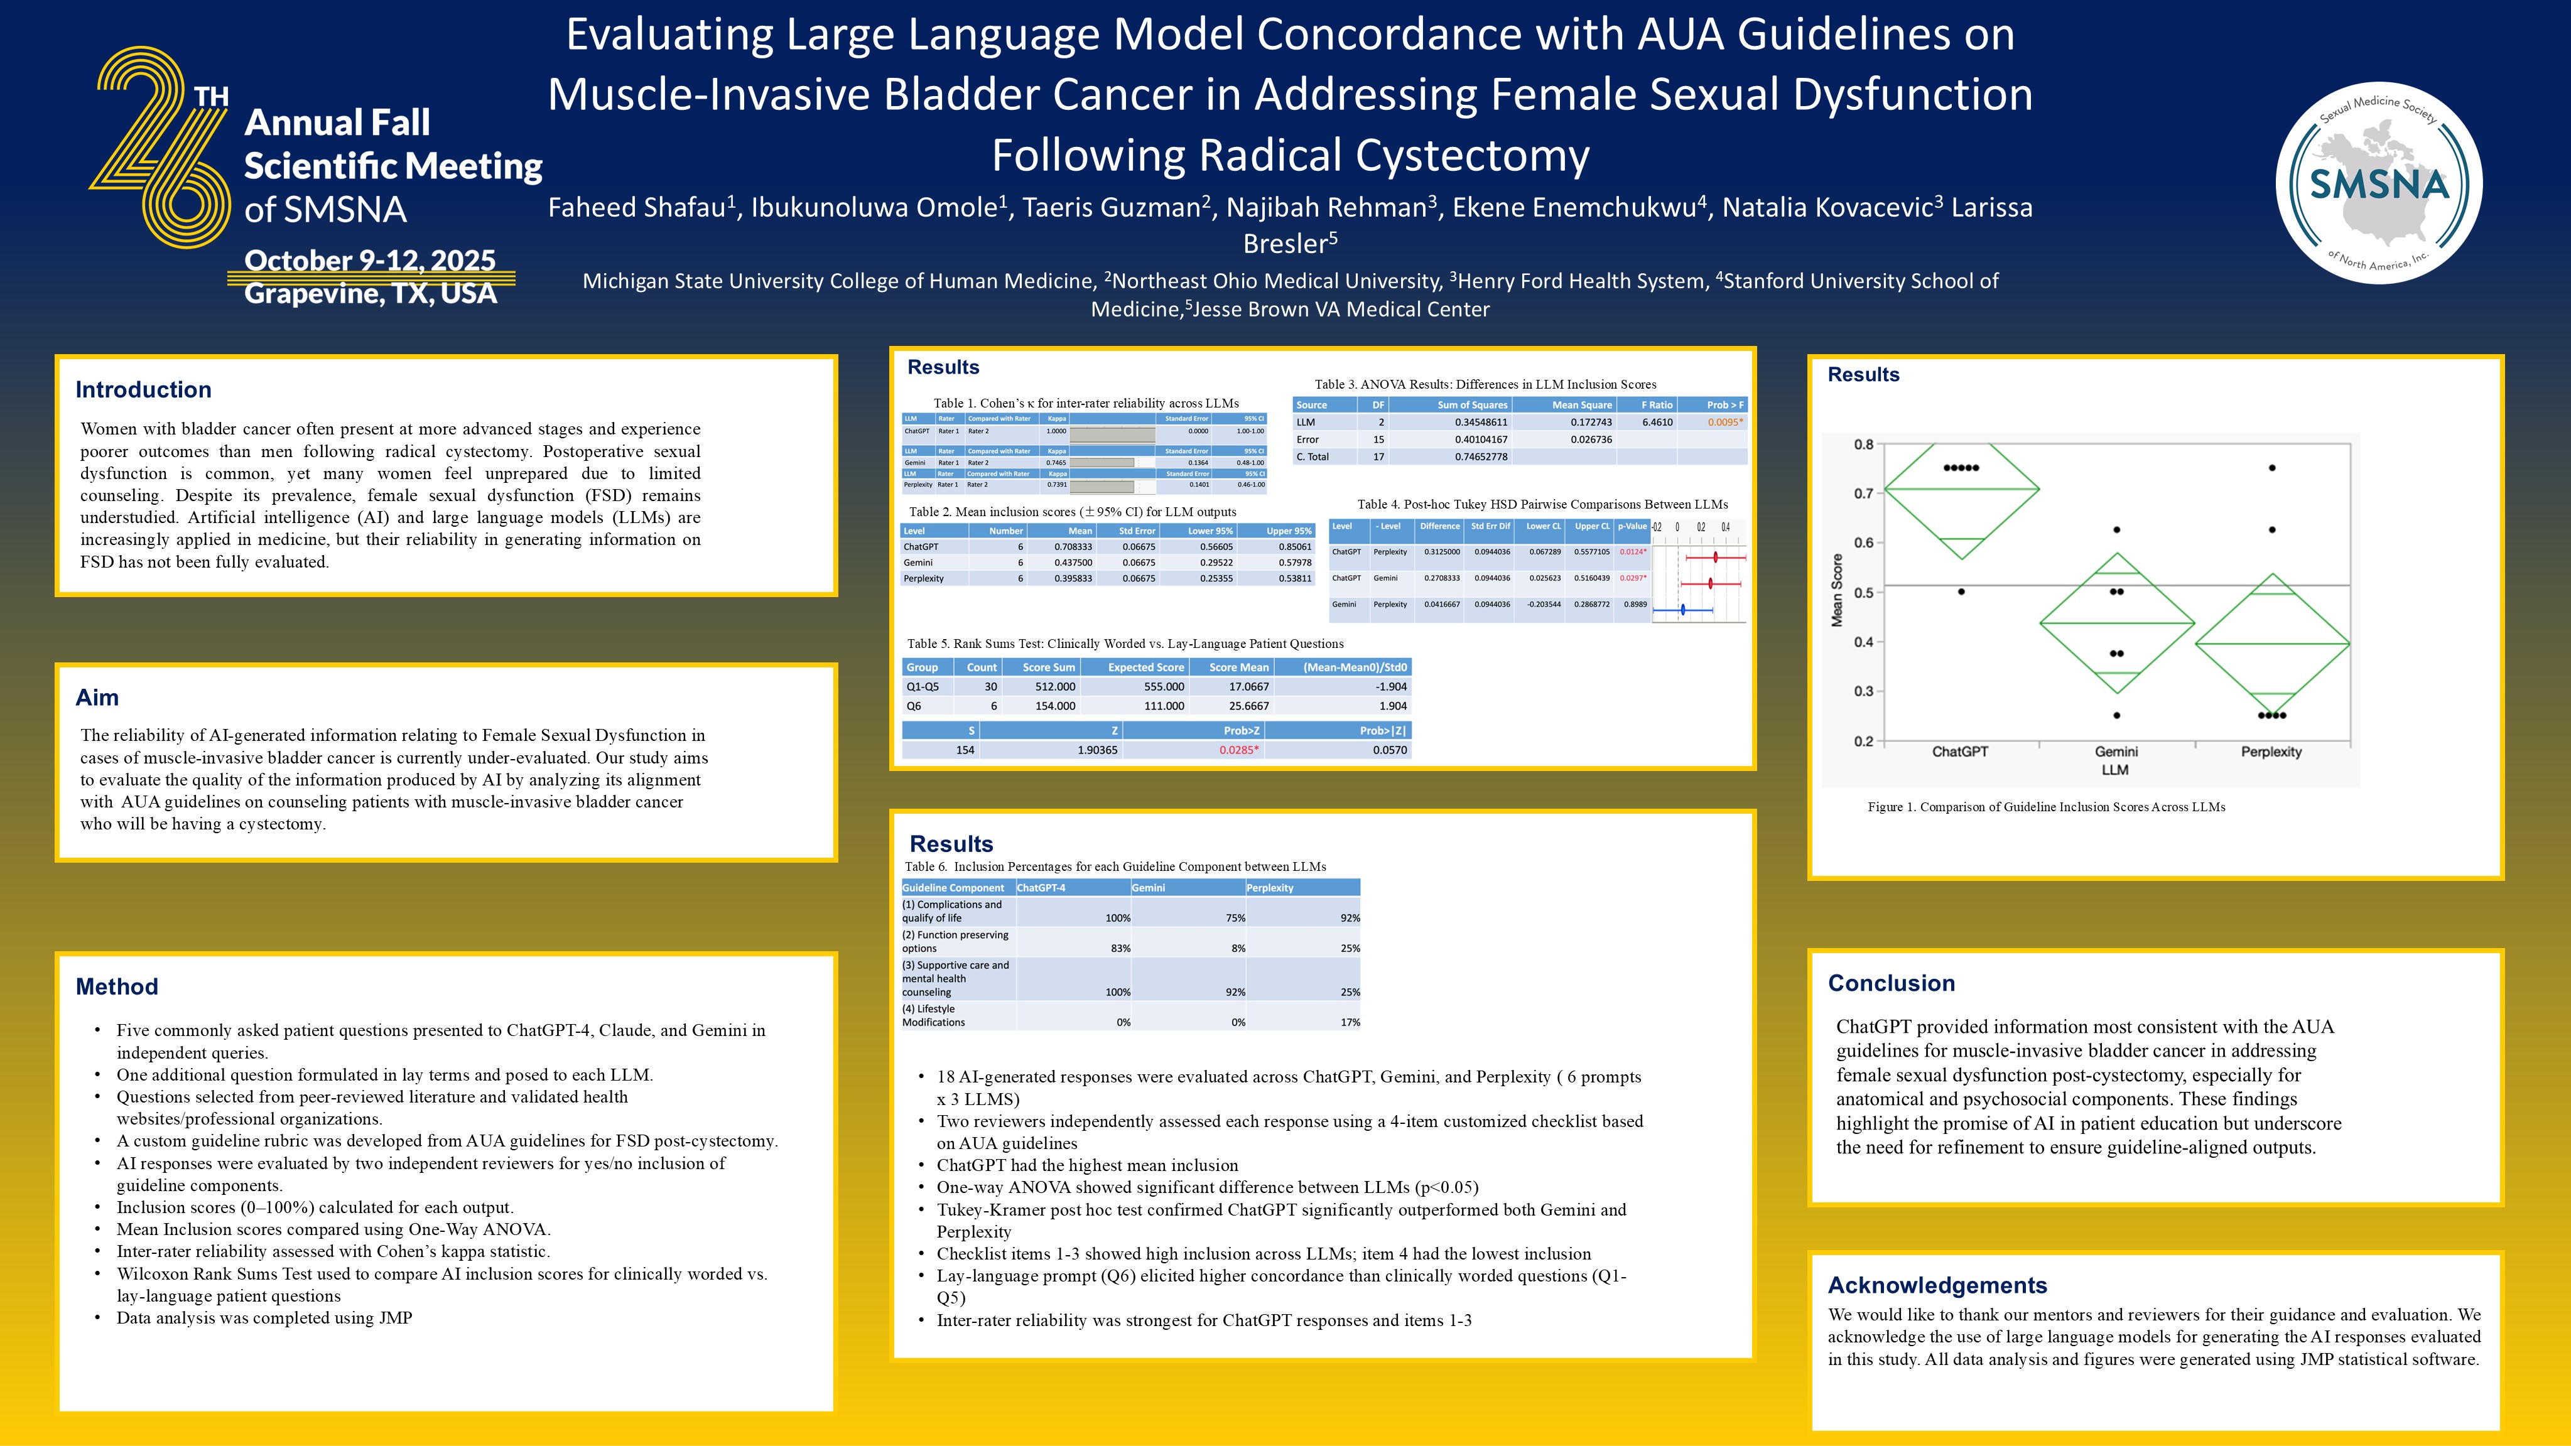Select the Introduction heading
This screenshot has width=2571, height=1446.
coord(144,390)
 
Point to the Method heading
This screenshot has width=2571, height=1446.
coord(117,987)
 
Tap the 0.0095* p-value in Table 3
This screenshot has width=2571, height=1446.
coord(1724,422)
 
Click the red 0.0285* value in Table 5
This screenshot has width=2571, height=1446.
coord(1238,750)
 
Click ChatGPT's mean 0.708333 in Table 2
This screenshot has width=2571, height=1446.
coord(1073,547)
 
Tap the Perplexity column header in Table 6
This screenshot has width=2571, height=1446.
coord(1270,887)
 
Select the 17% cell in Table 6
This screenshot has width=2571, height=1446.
coord(1350,1022)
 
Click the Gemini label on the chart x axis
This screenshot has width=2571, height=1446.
coord(2115,752)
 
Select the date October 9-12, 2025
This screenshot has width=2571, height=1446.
coord(369,261)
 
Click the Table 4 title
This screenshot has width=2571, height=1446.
coord(1542,504)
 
